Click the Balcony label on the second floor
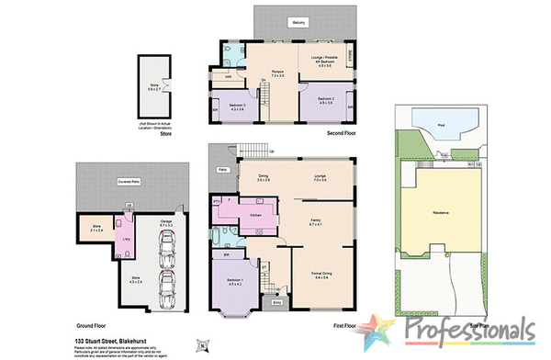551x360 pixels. (x=299, y=22)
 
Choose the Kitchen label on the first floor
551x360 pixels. (x=256, y=215)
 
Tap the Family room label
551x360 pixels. (x=314, y=220)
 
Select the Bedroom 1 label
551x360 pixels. (x=236, y=280)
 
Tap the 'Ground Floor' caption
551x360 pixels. (x=91, y=326)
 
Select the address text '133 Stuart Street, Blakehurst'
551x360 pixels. (x=111, y=341)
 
